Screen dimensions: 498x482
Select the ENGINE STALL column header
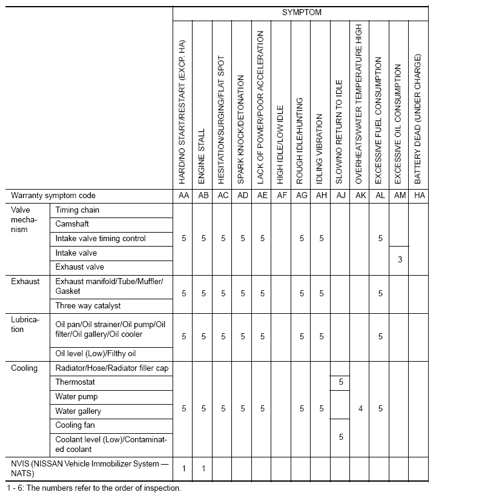(203, 156)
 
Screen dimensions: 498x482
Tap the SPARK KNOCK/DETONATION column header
(242, 130)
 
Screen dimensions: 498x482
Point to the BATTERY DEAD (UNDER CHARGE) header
(418, 119)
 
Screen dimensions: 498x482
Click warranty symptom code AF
(282, 196)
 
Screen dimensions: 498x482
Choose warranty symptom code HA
(419, 196)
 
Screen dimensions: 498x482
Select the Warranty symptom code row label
(53, 196)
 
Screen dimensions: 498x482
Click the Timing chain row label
(78, 210)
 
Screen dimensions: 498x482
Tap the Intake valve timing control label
(101, 239)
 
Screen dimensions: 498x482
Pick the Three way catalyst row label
(88, 306)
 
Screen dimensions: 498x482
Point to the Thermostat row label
(75, 382)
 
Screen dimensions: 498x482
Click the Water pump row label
(76, 397)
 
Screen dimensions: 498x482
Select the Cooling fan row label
(75, 425)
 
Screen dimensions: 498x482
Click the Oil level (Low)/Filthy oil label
(96, 354)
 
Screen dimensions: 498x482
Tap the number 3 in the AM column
(399, 260)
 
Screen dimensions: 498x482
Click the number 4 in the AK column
(360, 409)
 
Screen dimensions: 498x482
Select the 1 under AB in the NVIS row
(203, 468)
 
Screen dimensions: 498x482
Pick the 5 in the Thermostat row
(341, 382)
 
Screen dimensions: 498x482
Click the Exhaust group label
(25, 281)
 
